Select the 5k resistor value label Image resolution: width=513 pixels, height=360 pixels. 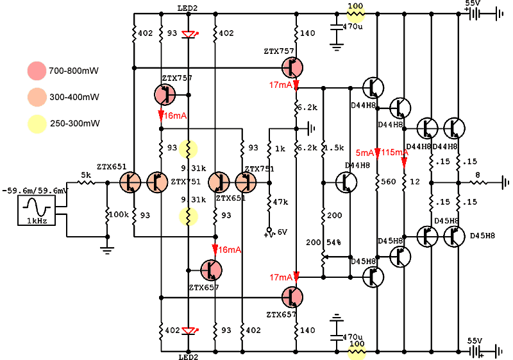click(x=85, y=175)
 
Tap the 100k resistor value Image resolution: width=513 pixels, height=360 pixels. click(x=119, y=213)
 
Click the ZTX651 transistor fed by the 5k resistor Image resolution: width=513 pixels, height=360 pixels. click(x=131, y=183)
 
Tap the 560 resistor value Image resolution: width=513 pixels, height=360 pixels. click(x=389, y=182)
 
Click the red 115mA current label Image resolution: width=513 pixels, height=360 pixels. click(x=395, y=153)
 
